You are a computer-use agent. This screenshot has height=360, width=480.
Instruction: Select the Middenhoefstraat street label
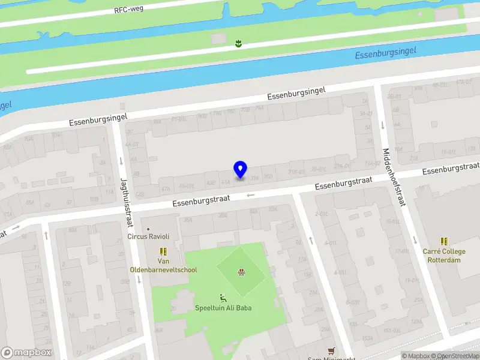click(x=394, y=177)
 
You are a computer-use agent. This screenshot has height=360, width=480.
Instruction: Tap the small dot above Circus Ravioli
click(x=149, y=229)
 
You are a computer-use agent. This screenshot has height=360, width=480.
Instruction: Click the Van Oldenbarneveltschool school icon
click(x=163, y=251)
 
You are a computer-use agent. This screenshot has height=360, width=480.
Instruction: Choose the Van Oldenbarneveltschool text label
click(x=163, y=265)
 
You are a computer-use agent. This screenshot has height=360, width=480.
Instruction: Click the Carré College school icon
click(x=445, y=241)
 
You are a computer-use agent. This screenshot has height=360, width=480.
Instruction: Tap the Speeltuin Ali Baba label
click(x=223, y=308)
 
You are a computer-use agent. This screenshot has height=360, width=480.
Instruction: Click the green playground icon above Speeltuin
click(x=223, y=298)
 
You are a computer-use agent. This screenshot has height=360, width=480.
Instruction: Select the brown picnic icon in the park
click(x=242, y=273)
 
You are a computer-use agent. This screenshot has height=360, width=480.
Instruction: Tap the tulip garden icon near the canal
click(x=238, y=43)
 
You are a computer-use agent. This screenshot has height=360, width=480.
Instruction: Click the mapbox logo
click(x=26, y=353)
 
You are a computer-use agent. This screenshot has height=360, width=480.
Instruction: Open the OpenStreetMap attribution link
click(x=458, y=356)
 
